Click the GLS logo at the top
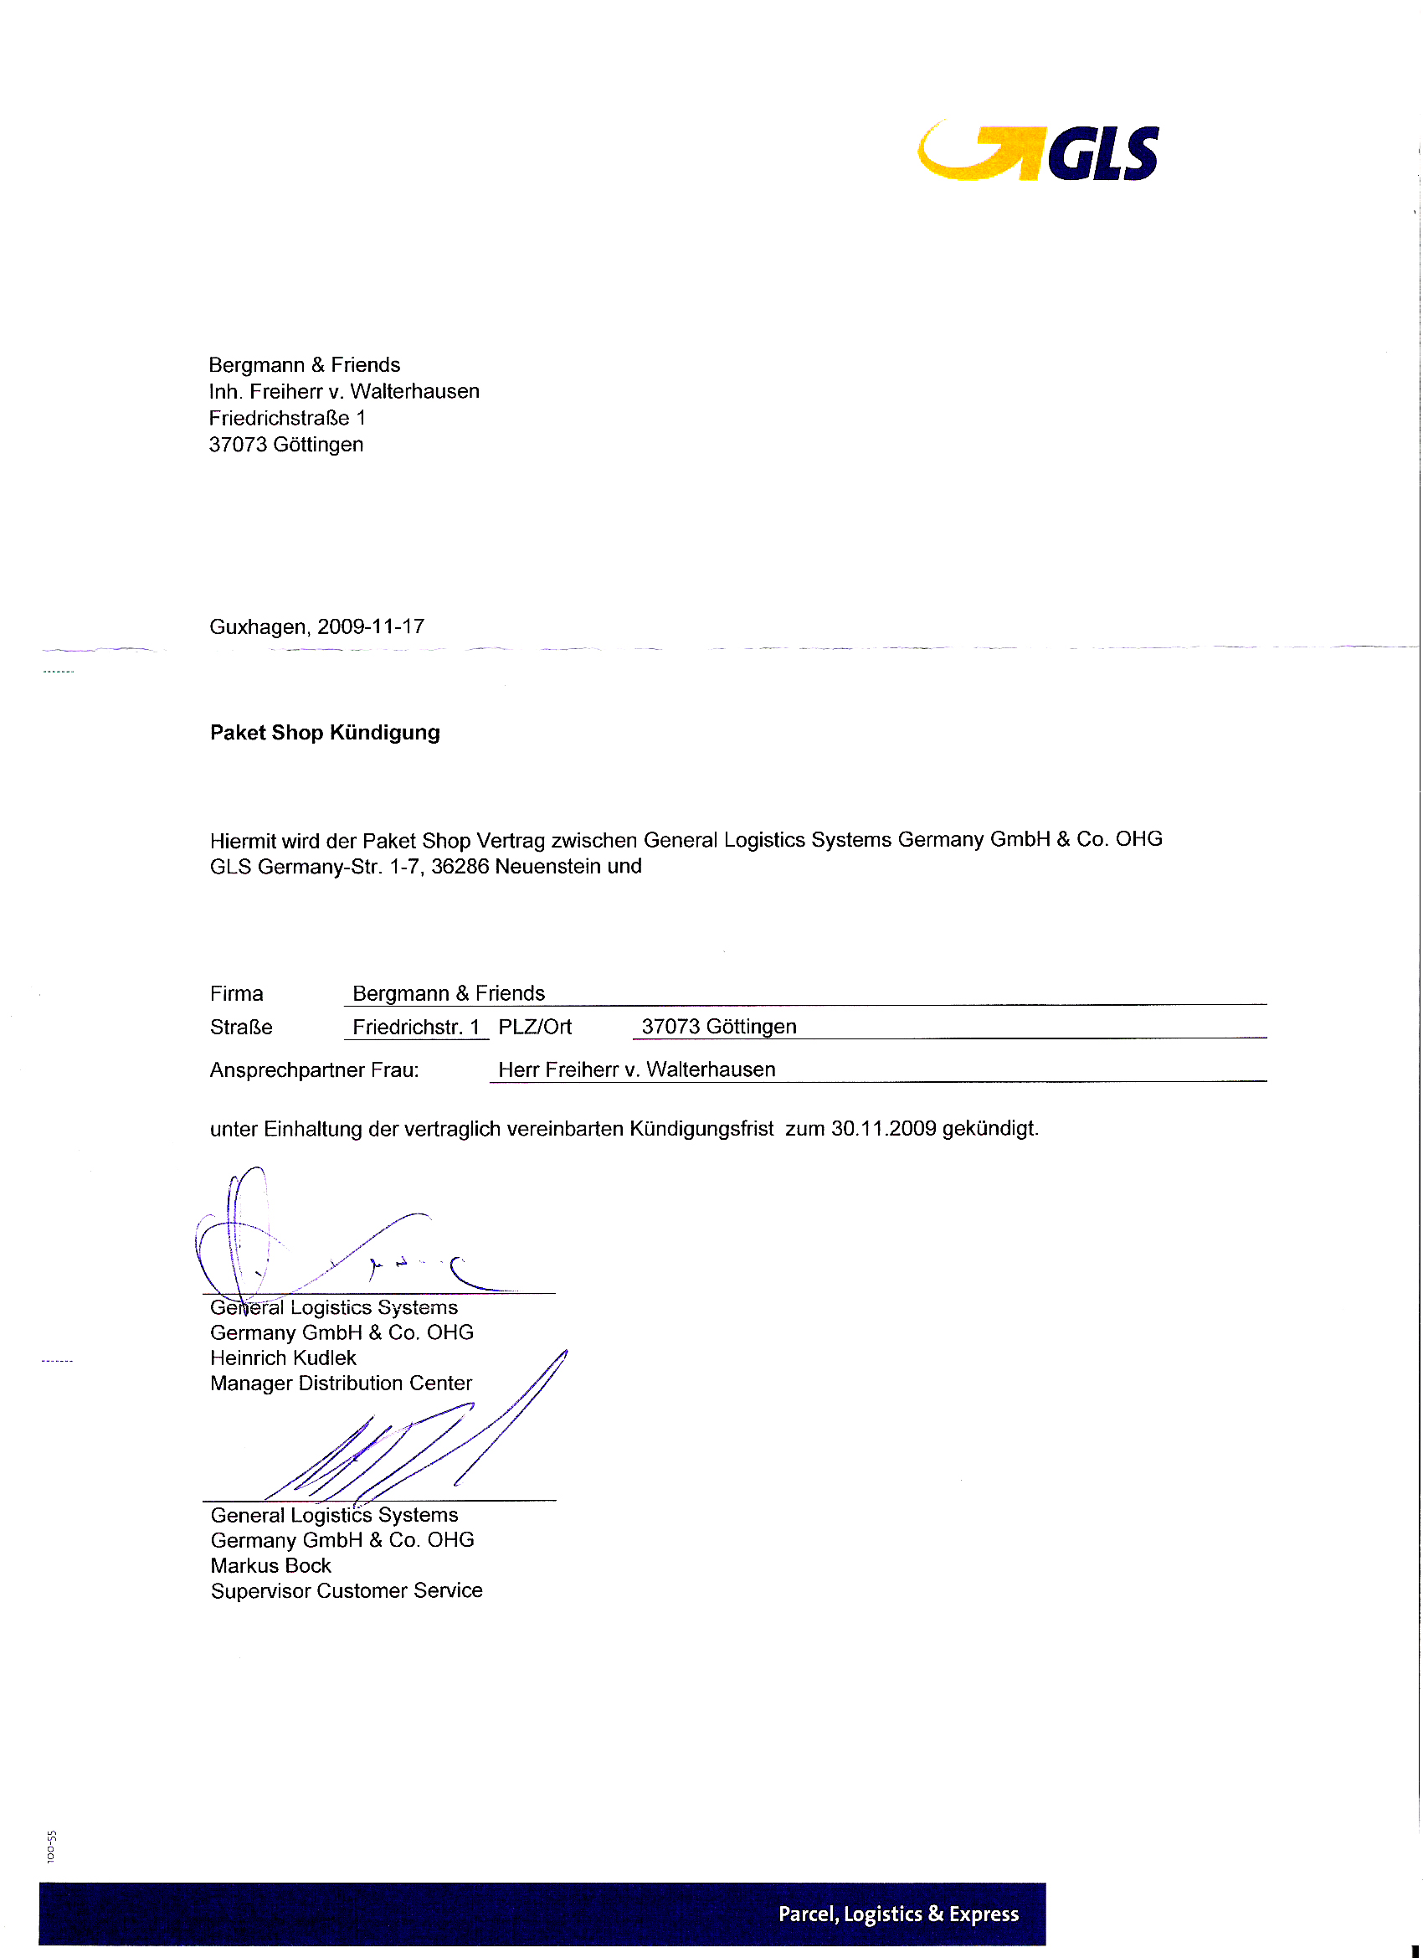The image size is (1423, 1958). pos(1038,152)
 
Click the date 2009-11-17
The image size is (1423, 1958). pos(371,626)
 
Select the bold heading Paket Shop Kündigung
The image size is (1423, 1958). pos(325,733)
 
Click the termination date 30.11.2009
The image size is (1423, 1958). pos(884,1128)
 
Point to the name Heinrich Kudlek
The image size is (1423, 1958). pos(283,1358)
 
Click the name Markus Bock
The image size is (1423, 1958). pos(271,1566)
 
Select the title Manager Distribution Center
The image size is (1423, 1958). pos(341,1383)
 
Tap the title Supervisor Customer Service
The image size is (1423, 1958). pos(346,1591)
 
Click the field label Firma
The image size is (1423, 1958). pos(236,994)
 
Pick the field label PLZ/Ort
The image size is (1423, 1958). pos(535,1027)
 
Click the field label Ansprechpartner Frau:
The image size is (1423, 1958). pos(314,1070)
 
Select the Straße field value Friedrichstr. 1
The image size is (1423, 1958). pos(416,1028)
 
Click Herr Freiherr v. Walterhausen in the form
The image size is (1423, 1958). pos(637,1069)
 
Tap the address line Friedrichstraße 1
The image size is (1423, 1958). pos(287,418)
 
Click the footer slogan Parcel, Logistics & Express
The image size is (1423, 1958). pos(898,1914)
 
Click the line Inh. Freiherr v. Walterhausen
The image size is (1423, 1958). pos(344,391)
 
